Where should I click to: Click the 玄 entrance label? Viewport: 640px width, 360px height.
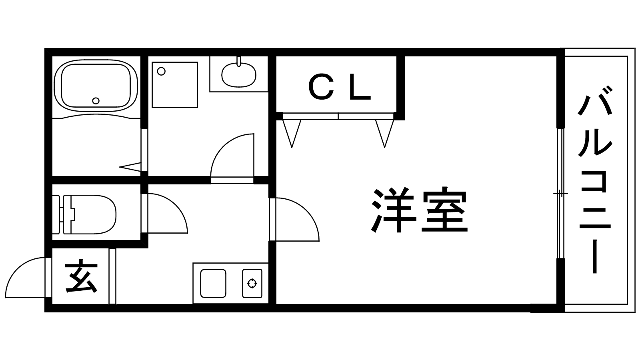click(81, 276)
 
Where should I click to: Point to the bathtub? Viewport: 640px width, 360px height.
click(96, 85)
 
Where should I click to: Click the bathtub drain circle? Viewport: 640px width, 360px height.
click(96, 101)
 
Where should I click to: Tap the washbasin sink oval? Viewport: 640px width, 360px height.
click(239, 75)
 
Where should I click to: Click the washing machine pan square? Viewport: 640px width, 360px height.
click(175, 84)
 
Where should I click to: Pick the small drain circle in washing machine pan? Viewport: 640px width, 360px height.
click(161, 72)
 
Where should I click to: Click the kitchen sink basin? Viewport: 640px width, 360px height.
click(213, 283)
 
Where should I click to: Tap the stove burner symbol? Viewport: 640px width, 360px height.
click(252, 284)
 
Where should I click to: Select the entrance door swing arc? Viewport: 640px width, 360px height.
click(24, 276)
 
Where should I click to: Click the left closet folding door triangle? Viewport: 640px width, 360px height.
click(292, 132)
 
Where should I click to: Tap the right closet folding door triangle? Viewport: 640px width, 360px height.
click(384, 132)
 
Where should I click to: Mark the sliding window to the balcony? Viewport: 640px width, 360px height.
click(560, 194)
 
